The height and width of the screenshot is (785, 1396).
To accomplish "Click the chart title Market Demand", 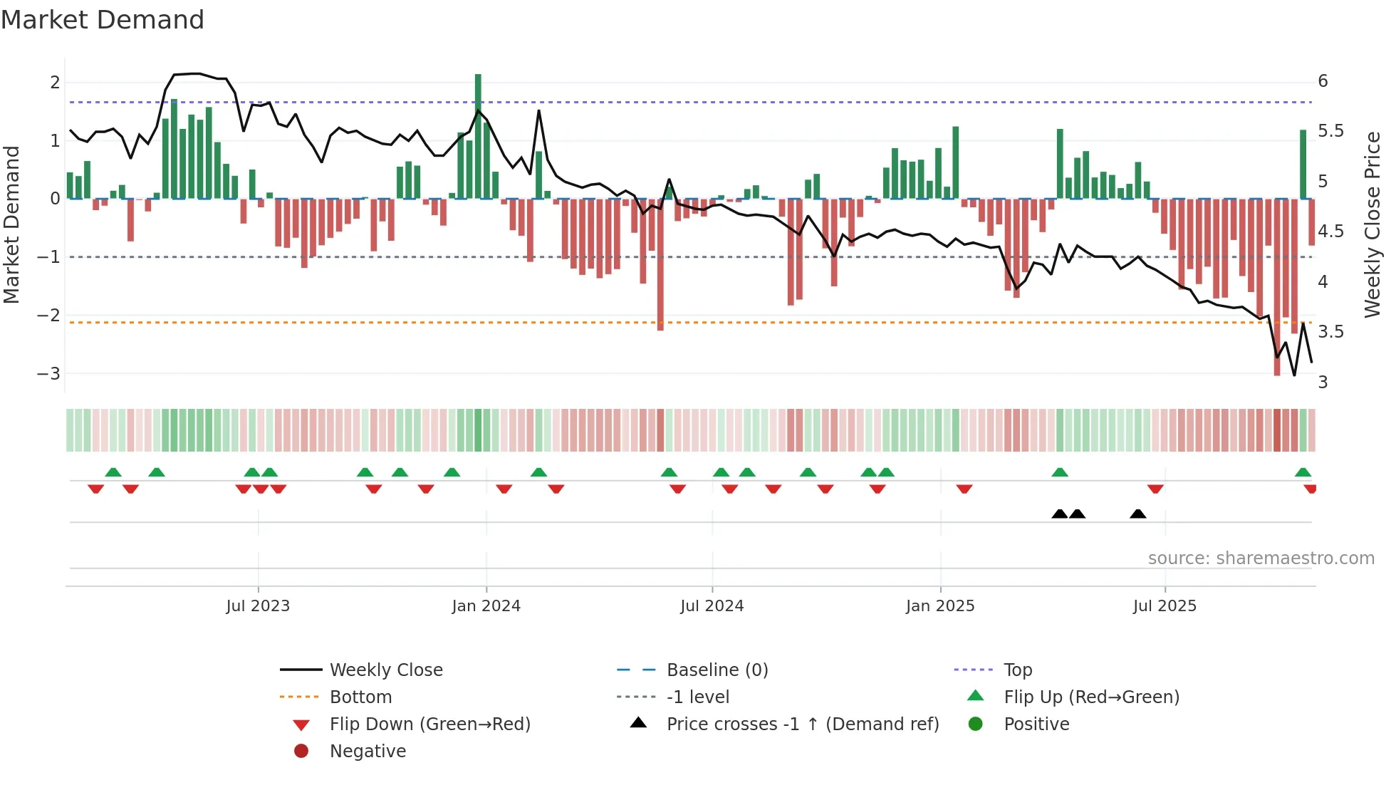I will tap(103, 20).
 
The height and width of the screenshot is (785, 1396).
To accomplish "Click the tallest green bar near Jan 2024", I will tap(478, 135).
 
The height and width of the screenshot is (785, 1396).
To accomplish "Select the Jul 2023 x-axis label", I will tap(258, 606).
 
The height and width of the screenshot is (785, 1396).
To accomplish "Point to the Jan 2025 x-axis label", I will tap(940, 606).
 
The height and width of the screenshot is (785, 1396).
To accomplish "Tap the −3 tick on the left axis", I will tap(49, 373).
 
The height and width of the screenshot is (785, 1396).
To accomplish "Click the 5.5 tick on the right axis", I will tap(1330, 131).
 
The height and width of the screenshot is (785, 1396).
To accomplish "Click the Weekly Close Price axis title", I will tap(1372, 224).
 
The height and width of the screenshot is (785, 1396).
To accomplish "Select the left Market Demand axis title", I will tap(12, 224).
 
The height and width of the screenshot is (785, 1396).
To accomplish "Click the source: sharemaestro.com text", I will tap(1261, 558).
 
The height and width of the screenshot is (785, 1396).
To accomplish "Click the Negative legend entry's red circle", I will tap(301, 752).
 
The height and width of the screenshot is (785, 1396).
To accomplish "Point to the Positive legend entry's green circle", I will tap(976, 724).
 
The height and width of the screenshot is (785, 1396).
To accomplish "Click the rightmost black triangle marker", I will tap(1138, 514).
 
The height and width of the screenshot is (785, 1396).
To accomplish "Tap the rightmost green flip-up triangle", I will tap(1303, 472).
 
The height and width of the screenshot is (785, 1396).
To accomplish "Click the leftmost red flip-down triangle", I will tap(95, 489).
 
